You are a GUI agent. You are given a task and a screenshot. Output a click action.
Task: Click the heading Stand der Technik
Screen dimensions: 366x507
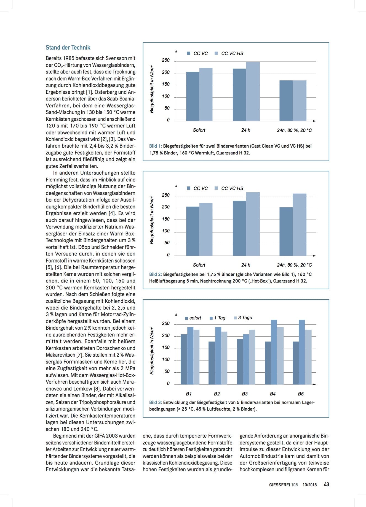(68, 47)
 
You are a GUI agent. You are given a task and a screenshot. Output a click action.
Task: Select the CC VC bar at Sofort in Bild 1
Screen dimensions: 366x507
(193, 96)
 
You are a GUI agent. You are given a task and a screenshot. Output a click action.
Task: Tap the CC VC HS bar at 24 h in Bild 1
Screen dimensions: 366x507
(253, 91)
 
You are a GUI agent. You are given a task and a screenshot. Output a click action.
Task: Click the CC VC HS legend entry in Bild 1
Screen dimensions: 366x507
(229, 53)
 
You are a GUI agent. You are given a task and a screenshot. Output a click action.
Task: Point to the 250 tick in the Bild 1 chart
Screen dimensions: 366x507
(166, 60)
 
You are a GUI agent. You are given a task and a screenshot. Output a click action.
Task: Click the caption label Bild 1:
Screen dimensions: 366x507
(156, 146)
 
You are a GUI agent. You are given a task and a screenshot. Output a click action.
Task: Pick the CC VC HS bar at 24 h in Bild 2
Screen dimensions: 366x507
(253, 224)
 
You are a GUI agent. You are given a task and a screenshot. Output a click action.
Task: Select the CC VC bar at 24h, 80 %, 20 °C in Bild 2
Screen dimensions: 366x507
(286, 232)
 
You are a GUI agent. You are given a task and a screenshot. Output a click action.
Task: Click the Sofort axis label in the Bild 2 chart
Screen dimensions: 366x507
(199, 265)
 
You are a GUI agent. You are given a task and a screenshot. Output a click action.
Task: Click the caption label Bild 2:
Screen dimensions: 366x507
(156, 274)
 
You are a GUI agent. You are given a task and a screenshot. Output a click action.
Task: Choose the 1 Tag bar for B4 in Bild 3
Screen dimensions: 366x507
(274, 352)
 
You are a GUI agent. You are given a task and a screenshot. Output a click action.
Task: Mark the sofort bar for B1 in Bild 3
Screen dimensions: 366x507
(184, 359)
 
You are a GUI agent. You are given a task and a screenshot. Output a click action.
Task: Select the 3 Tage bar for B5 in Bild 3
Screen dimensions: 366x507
(308, 357)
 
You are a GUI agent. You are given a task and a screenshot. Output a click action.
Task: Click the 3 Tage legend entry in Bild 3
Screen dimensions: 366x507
(243, 318)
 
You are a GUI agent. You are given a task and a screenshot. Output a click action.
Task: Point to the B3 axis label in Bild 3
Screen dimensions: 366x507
(245, 394)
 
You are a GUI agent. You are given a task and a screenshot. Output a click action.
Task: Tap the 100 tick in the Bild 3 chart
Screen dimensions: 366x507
(166, 359)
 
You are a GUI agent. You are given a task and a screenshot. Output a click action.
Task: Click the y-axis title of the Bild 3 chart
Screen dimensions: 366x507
(152, 350)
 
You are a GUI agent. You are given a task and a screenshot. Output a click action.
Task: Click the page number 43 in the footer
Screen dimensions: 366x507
(326, 484)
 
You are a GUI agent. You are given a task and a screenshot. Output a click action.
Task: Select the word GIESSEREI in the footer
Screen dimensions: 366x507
(279, 485)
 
